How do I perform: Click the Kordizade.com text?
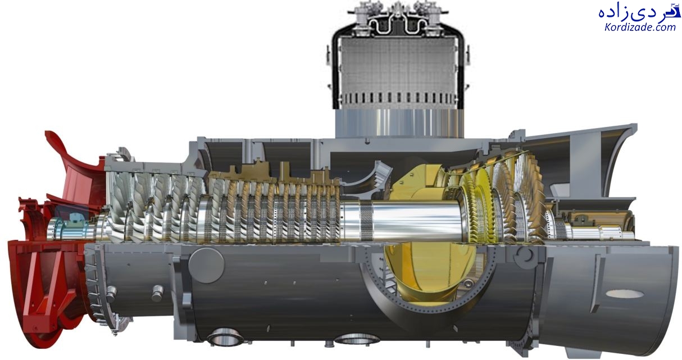coord(640,28)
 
